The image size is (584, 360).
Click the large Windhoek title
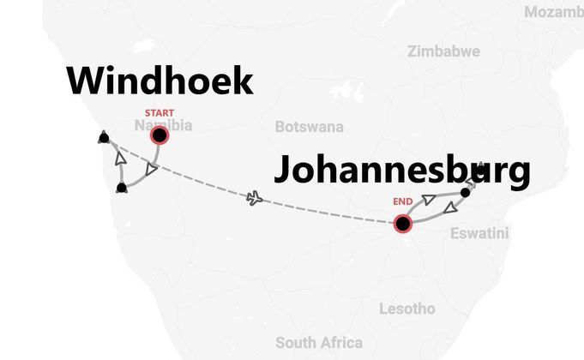[160, 81]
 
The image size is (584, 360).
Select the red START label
[160, 113]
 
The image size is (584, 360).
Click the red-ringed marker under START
[160, 135]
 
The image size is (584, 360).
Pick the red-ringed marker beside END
[401, 224]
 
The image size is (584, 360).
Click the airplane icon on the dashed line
[254, 199]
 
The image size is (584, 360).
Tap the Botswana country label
[309, 127]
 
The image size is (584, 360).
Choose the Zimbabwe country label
[443, 51]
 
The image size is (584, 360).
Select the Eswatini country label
[479, 233]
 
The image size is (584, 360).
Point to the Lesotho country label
[406, 309]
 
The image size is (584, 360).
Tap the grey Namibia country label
[163, 126]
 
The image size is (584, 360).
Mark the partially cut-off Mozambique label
[553, 11]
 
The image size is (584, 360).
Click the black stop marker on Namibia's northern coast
[104, 135]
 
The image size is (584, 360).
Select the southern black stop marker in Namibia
[122, 187]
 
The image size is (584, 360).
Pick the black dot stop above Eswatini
[466, 192]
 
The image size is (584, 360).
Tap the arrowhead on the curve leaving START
[150, 171]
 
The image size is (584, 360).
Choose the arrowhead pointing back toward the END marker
[449, 207]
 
